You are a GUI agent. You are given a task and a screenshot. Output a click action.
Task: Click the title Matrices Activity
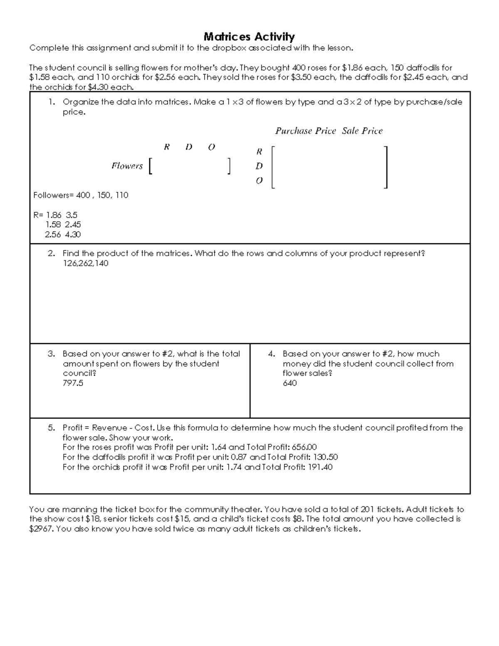click(x=249, y=37)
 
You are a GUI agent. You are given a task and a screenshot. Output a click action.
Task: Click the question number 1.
click(x=51, y=102)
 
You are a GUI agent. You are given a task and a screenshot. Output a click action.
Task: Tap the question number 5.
click(x=51, y=428)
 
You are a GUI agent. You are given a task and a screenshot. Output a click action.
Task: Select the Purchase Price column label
click(x=305, y=131)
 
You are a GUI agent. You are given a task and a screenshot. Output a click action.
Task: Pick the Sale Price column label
click(x=362, y=131)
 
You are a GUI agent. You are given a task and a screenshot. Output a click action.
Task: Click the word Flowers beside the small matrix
click(x=127, y=166)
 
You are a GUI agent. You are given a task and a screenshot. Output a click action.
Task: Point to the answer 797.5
click(x=73, y=383)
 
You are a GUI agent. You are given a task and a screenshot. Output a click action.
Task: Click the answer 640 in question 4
click(x=289, y=383)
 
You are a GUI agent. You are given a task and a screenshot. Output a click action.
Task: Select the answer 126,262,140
click(x=85, y=263)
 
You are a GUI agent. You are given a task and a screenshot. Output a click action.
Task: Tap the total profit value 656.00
click(x=304, y=447)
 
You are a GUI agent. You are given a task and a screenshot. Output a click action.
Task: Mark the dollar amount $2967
click(x=40, y=529)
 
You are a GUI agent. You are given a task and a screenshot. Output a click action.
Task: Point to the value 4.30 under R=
click(x=73, y=235)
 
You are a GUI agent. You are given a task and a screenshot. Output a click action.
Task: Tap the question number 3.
click(x=51, y=354)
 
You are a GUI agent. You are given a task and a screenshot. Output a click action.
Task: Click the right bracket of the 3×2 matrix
click(x=386, y=167)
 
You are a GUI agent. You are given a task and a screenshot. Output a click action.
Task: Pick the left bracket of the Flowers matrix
click(x=151, y=166)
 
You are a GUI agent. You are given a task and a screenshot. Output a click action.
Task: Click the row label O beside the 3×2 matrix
click(x=259, y=181)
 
